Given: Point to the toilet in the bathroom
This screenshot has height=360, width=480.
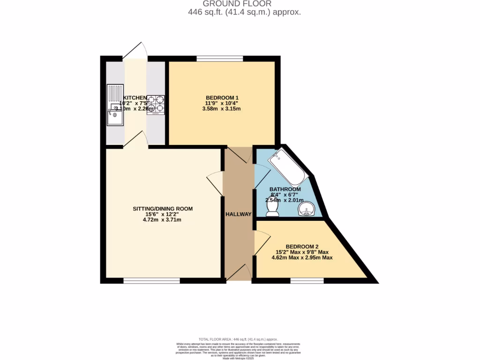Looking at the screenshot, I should tap(272, 212).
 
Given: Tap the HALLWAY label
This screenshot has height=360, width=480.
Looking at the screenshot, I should tap(239, 214).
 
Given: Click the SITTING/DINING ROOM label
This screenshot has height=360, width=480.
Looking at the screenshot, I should tap(163, 209).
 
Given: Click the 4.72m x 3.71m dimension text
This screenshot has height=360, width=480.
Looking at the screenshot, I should tap(163, 219).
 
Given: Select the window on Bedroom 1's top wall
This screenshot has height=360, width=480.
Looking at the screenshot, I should tap(219, 59).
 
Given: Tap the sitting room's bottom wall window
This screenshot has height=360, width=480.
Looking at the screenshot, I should tap(151, 281).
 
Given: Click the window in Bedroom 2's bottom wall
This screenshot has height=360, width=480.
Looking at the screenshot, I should tap(307, 281).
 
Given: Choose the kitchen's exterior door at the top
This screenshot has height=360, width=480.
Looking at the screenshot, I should tap(135, 52).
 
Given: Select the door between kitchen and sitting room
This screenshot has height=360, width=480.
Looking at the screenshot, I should tap(136, 140).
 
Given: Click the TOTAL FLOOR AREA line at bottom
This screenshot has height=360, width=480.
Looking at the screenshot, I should tap(238, 339).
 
